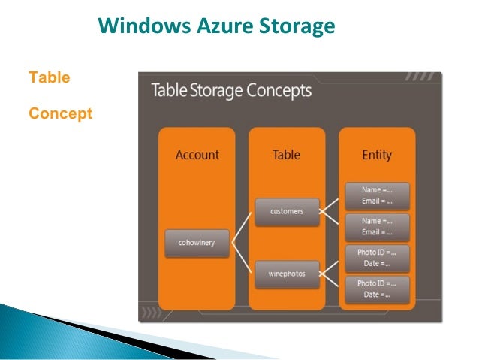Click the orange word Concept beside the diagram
[x=60, y=113]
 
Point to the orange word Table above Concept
[x=49, y=77]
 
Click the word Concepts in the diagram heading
[x=279, y=92]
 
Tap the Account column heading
[x=197, y=155]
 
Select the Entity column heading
[x=376, y=155]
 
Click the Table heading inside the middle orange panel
[x=286, y=155]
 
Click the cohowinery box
[x=197, y=244]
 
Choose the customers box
[x=286, y=211]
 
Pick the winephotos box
[x=286, y=274]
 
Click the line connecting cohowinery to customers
[x=242, y=228]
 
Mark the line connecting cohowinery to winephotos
[x=242, y=259]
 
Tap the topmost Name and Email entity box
[x=377, y=195]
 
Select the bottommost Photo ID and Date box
[x=377, y=289]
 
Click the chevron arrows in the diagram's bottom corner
[x=152, y=311]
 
